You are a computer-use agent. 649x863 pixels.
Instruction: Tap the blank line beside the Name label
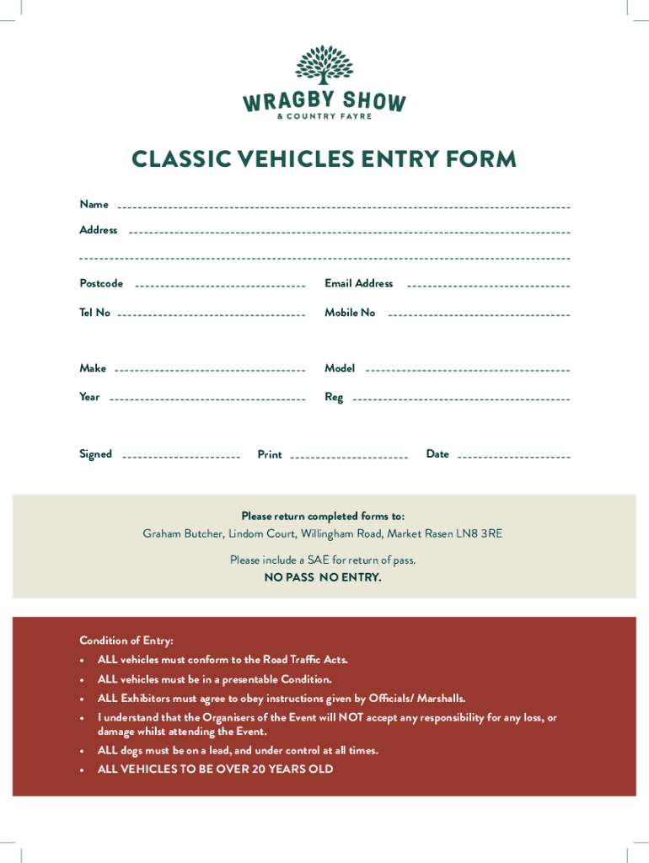pos(344,207)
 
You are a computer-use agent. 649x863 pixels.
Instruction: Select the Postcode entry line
pos(219,287)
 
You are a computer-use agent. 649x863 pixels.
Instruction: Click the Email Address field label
pos(359,283)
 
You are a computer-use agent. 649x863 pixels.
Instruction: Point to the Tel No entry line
pos(211,315)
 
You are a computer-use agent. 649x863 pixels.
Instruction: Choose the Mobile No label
pos(351,313)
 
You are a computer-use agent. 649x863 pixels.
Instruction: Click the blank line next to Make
pos(209,371)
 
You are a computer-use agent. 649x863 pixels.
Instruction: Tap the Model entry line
pos(468,371)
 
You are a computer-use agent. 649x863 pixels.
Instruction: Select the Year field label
pos(89,397)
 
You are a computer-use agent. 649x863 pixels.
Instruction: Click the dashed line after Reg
pos(460,399)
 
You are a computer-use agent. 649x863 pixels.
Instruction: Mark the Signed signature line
pos(181,457)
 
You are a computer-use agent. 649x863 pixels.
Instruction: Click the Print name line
pos(349,457)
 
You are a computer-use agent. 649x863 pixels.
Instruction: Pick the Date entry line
pos(514,457)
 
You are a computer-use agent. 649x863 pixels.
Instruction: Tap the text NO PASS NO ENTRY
pos(324,578)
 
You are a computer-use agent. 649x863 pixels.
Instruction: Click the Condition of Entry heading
pos(126,641)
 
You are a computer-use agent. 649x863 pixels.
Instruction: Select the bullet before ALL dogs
pos(82,751)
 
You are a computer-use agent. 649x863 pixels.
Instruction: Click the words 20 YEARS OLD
pos(293,769)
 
